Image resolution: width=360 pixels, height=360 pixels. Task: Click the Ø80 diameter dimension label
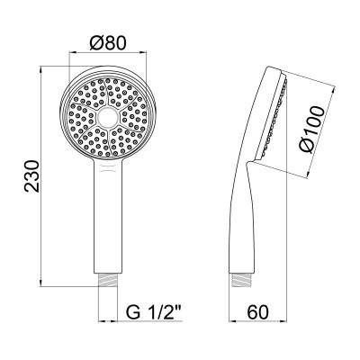click(108, 43)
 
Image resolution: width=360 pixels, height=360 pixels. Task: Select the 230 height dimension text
click(32, 176)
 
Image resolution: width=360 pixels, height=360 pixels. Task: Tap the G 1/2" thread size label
click(153, 311)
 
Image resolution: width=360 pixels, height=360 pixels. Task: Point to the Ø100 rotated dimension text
click(311, 130)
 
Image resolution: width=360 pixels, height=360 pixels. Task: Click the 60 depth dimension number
click(258, 311)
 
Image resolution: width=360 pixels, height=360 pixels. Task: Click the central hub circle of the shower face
click(108, 117)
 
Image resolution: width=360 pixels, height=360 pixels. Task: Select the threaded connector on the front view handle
click(108, 280)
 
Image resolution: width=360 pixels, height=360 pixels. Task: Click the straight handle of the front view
click(108, 216)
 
